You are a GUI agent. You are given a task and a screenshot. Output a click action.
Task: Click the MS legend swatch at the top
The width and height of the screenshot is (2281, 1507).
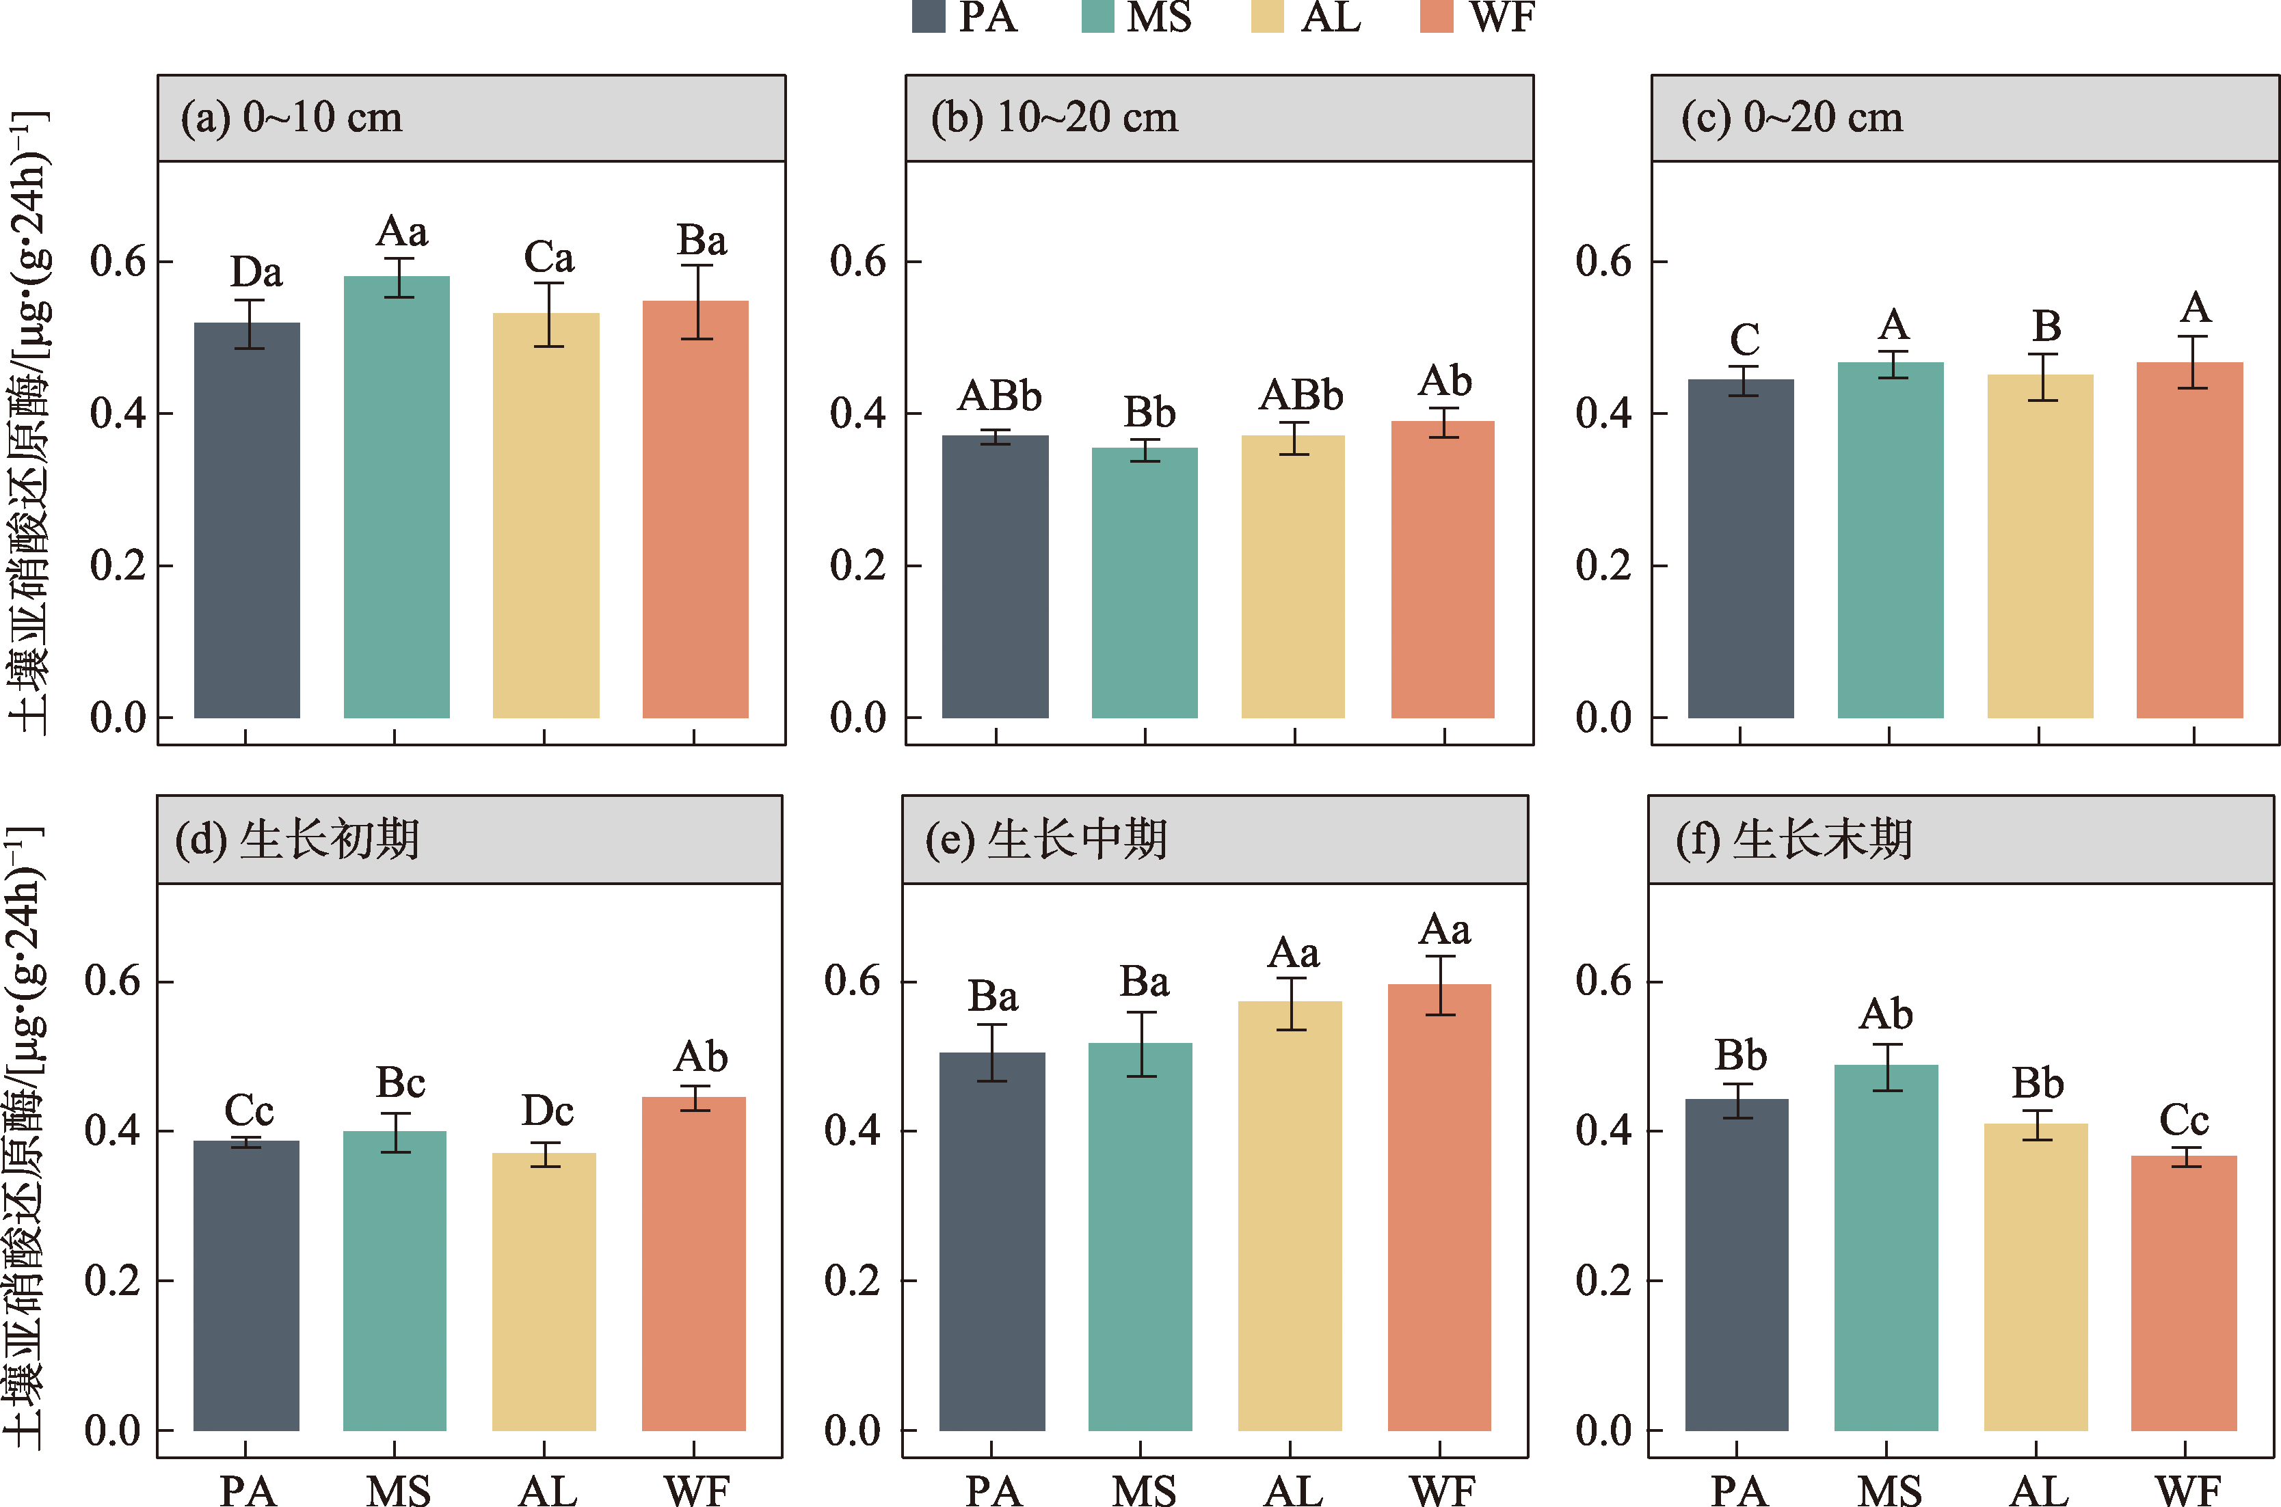[1097, 16]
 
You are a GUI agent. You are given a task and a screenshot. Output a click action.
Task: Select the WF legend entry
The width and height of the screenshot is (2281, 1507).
[1480, 16]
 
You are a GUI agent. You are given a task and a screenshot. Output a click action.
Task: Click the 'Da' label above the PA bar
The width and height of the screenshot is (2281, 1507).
[256, 273]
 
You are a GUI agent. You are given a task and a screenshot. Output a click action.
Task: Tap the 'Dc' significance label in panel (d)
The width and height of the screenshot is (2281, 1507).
[547, 1111]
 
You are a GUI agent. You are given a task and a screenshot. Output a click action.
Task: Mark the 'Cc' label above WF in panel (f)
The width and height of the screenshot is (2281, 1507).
[2184, 1119]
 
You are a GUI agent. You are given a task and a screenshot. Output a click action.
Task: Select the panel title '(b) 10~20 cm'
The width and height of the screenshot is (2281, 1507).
[1054, 118]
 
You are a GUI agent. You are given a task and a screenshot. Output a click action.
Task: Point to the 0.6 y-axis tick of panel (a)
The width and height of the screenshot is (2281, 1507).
[118, 261]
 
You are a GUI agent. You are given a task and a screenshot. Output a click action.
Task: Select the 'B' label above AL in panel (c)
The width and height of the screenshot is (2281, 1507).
[2046, 327]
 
